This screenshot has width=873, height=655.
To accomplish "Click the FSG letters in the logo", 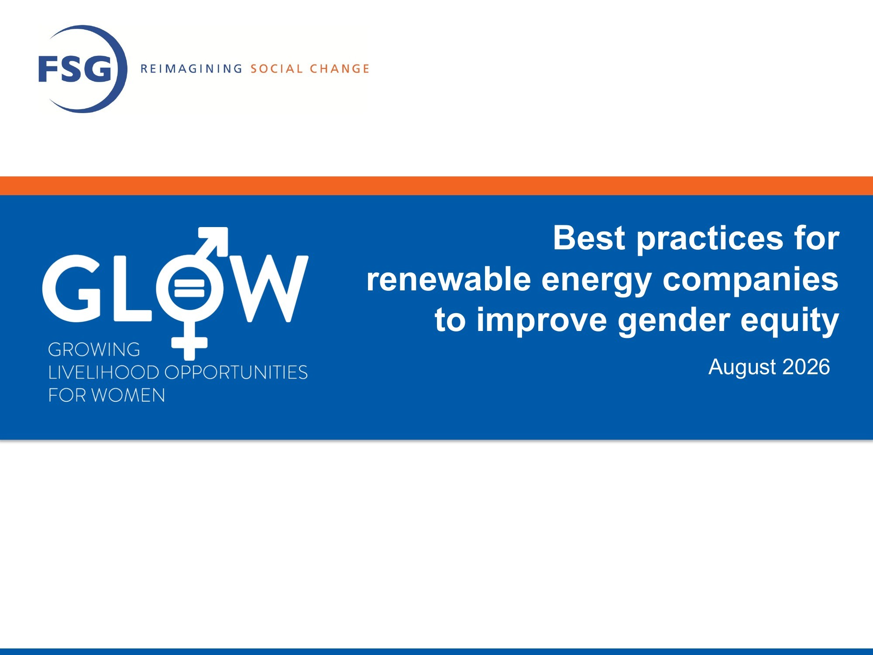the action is [75, 69].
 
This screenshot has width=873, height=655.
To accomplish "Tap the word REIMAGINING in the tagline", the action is [191, 69].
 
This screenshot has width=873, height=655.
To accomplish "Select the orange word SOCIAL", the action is [276, 69].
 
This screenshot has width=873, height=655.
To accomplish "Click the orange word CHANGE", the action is [340, 69].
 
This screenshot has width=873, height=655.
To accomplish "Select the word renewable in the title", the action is [449, 279].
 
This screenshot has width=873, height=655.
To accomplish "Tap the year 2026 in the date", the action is [806, 367].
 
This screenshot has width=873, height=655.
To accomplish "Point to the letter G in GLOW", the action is [72, 289].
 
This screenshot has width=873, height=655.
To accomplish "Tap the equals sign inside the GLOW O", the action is [189, 289].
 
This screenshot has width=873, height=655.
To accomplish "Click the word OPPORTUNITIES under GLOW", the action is [236, 372].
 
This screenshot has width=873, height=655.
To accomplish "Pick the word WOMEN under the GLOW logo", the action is [128, 395].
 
